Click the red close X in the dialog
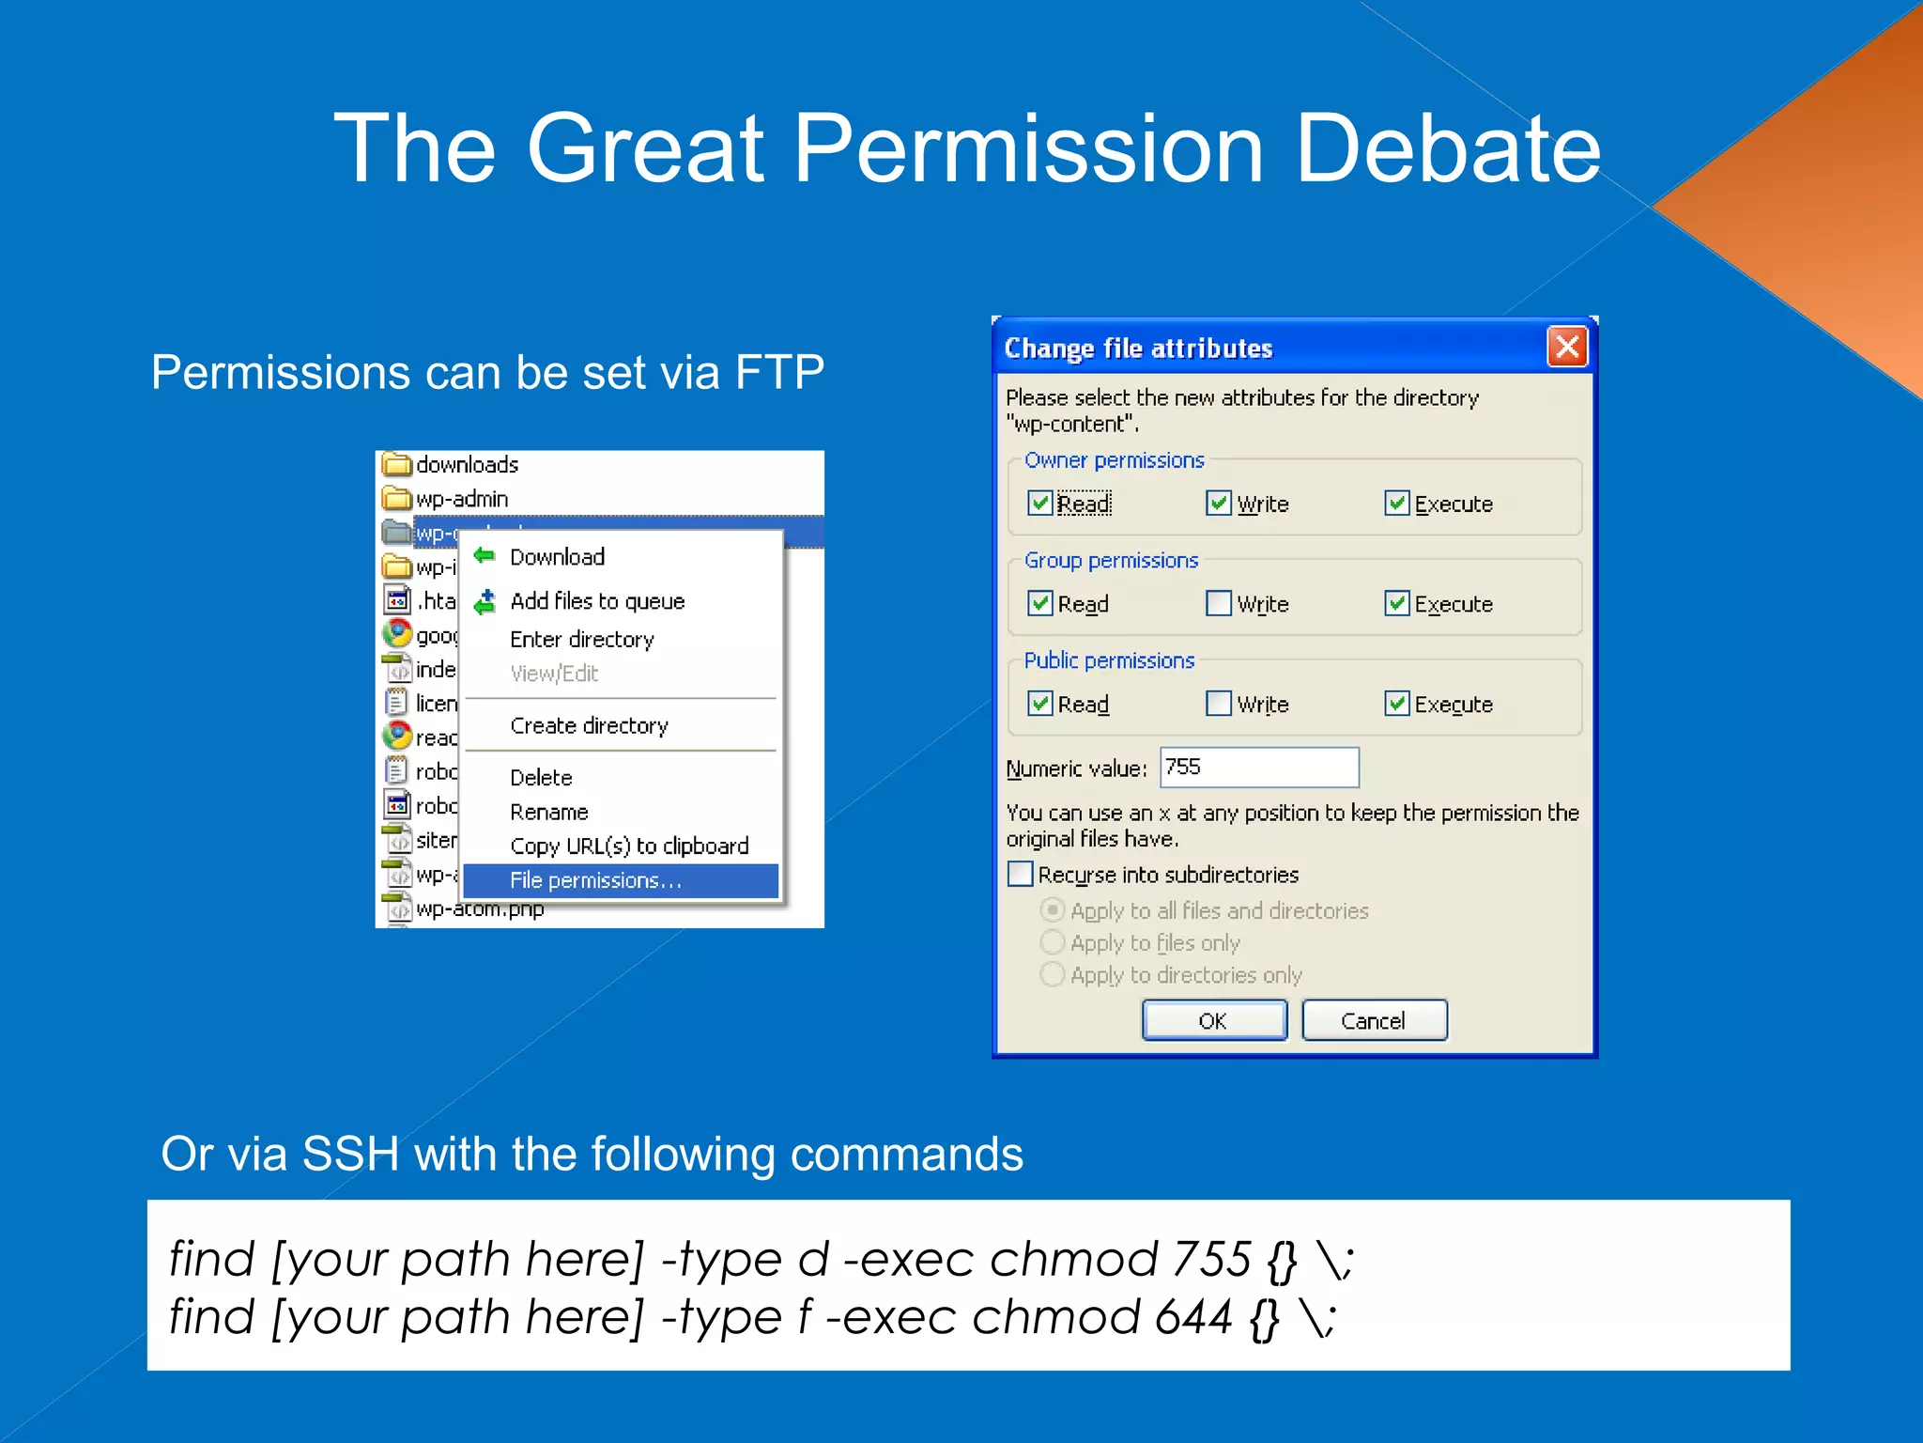point(1566,347)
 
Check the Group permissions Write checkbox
point(1218,602)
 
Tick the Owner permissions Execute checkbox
point(1396,503)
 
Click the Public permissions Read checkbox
point(1039,703)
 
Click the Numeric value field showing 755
point(1258,767)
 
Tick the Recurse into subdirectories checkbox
point(1020,874)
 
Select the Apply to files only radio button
point(1053,941)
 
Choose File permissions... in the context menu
point(595,880)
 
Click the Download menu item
point(557,556)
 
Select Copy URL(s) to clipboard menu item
point(629,846)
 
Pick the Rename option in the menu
point(548,812)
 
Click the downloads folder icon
point(397,464)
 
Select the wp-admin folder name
point(461,499)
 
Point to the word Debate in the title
point(1447,148)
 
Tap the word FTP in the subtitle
point(778,372)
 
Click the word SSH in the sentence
point(350,1154)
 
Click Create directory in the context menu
point(589,725)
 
